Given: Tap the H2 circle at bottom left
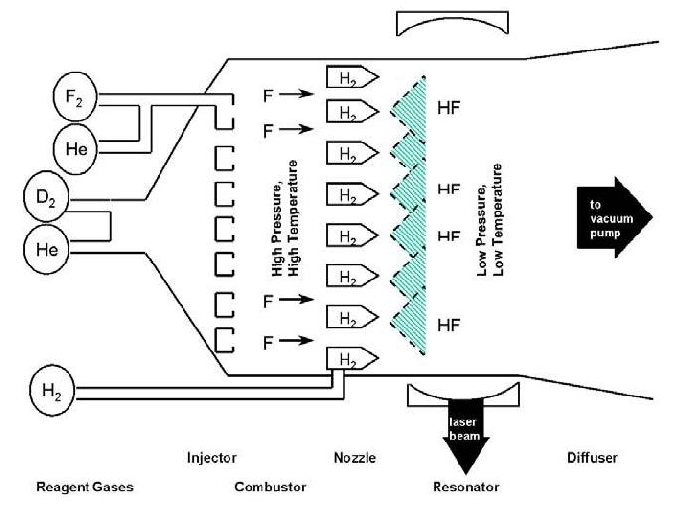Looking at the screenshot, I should [52, 388].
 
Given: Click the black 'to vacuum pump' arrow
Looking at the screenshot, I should [612, 215].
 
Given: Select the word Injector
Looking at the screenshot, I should [211, 458].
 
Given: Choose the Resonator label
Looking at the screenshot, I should [465, 487].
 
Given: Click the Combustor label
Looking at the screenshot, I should [269, 487].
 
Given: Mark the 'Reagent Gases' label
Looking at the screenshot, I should [85, 487].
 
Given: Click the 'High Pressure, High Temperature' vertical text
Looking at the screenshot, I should [284, 217].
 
